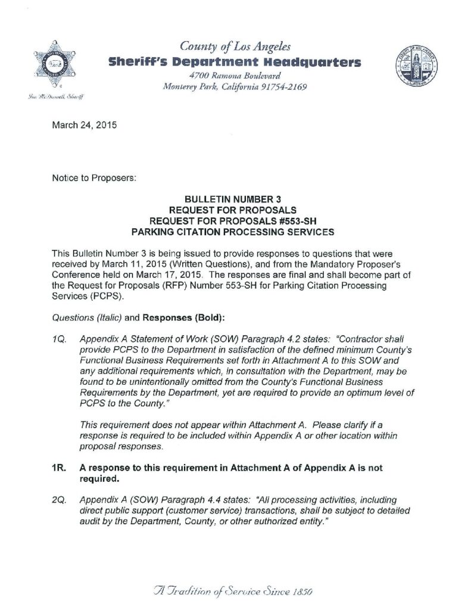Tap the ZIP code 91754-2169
(283, 87)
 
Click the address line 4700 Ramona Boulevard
(234, 76)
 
